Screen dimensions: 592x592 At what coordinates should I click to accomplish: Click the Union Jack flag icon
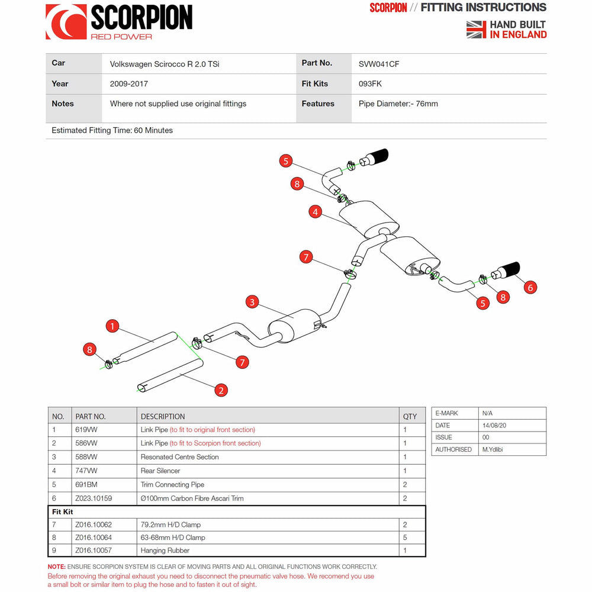476,29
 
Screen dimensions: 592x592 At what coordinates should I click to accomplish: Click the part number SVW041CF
379,64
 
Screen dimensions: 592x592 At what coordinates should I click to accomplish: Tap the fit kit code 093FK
370,84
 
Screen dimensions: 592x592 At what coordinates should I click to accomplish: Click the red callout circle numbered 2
221,390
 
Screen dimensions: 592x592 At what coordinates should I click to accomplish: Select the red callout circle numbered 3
252,303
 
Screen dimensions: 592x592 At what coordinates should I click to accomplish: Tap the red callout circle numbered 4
316,211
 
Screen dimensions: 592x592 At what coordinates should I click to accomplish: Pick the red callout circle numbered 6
530,287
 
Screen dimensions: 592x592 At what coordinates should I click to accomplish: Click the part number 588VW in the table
86,457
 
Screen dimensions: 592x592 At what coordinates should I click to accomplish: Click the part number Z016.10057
94,551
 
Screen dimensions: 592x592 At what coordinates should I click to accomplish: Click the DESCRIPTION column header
163,416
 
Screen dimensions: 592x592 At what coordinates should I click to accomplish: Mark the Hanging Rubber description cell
165,551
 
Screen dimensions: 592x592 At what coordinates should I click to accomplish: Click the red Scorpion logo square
66,22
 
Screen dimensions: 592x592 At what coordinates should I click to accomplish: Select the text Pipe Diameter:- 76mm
398,104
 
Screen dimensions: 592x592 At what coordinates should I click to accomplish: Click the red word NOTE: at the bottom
57,567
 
